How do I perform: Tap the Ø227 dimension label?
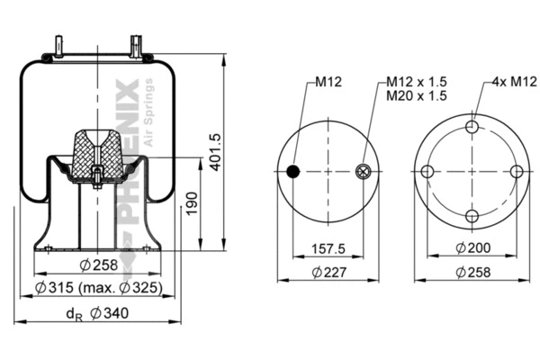325,272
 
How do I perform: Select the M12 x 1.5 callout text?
417,82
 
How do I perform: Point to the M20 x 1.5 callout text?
417,95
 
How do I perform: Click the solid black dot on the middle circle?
292,173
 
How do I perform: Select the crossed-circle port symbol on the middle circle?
363,173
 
